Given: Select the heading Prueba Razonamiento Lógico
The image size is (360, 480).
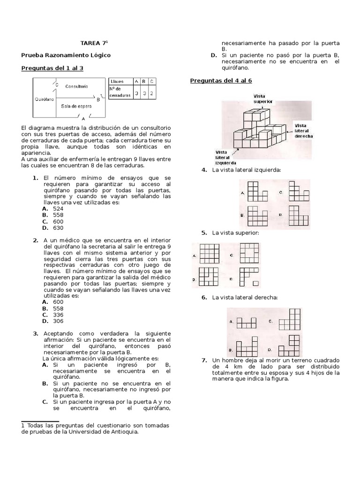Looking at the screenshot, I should click(66, 55).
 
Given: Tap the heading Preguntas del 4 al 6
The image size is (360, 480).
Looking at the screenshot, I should click(221, 81).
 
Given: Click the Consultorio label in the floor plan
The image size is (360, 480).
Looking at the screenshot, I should click(77, 87).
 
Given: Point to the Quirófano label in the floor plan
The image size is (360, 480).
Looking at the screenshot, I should click(44, 99).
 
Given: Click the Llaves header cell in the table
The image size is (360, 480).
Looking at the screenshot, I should click(117, 81).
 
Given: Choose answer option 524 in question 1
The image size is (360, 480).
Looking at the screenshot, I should click(58, 208).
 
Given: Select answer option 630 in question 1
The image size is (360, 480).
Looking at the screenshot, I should click(58, 228).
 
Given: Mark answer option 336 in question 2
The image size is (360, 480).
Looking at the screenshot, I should click(58, 315).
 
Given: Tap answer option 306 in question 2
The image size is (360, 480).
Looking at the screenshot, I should click(58, 321).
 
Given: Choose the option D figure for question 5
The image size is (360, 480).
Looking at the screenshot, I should click(248, 276).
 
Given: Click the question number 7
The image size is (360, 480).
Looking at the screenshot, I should click(204, 360).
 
